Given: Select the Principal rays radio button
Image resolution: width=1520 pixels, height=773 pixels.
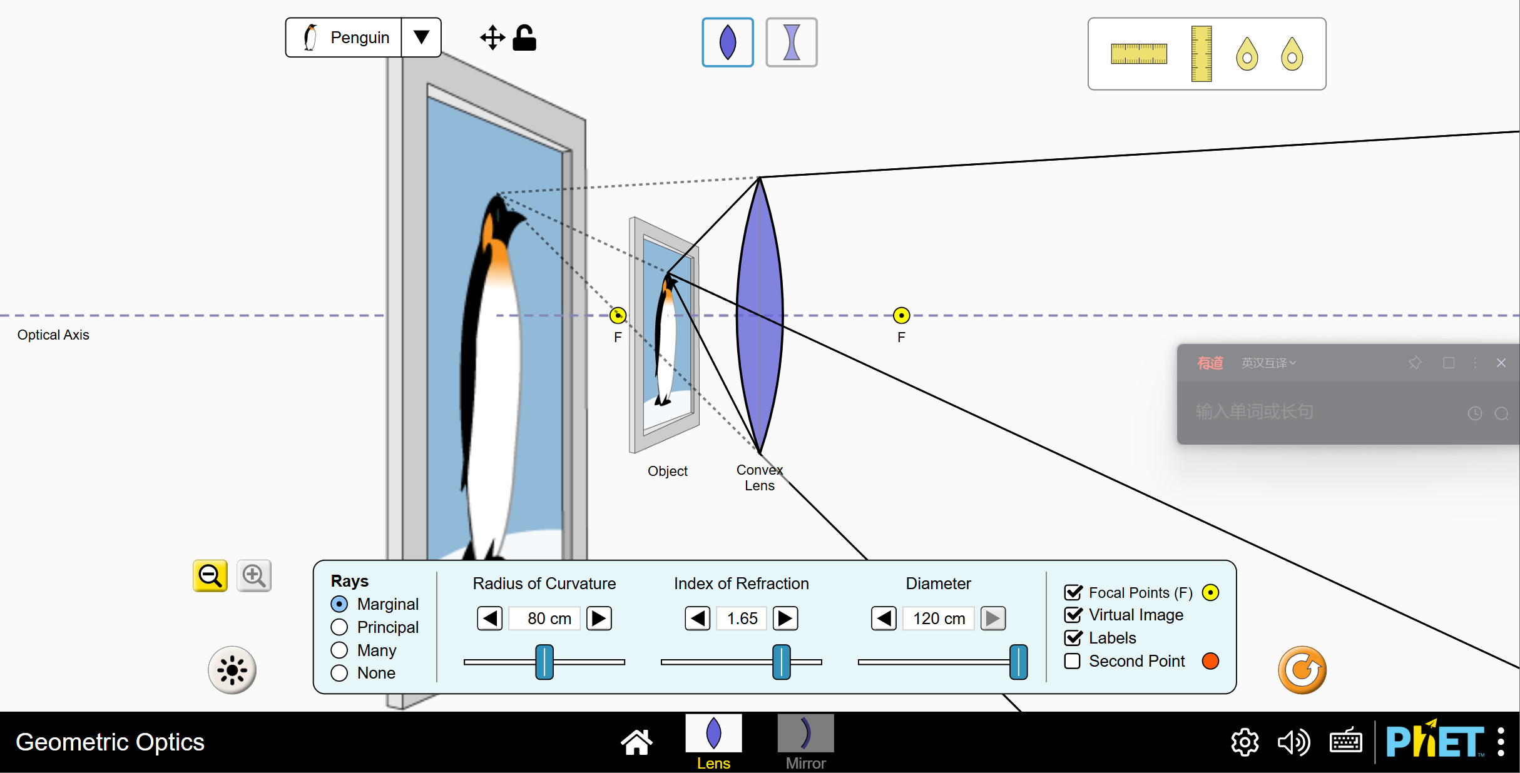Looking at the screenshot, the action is pyautogui.click(x=339, y=627).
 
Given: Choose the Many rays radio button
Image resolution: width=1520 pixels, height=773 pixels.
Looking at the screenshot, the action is pyautogui.click(x=339, y=650).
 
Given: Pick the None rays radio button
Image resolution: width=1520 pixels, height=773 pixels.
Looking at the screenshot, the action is pyautogui.click(x=339, y=673).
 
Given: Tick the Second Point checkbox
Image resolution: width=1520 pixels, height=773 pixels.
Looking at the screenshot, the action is pyautogui.click(x=1073, y=661).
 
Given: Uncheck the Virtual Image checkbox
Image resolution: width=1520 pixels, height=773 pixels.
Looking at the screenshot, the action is pyautogui.click(x=1073, y=615).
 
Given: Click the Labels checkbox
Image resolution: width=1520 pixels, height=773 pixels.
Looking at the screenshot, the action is pyautogui.click(x=1073, y=638).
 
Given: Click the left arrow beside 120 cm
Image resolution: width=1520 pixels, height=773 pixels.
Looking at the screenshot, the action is pyautogui.click(x=884, y=619).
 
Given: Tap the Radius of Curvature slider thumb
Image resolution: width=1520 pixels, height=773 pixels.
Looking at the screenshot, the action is pyautogui.click(x=544, y=662).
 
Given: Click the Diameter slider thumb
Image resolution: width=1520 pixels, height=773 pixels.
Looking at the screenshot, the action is pyautogui.click(x=1018, y=662).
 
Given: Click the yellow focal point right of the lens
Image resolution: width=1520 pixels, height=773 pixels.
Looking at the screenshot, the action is pyautogui.click(x=901, y=315).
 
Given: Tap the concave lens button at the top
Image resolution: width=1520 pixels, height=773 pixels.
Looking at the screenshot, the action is pyautogui.click(x=792, y=43).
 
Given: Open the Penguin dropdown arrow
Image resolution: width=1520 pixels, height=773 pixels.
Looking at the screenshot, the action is pyautogui.click(x=421, y=38).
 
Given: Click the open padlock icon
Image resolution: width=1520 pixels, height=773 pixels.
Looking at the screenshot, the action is pyautogui.click(x=524, y=38).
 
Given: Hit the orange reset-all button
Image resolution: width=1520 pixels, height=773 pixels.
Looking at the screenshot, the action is pyautogui.click(x=1302, y=670).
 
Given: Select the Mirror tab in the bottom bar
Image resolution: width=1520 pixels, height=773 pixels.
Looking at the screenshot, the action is pyautogui.click(x=805, y=742).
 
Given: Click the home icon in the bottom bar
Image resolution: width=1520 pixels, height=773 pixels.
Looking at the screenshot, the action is pyautogui.click(x=636, y=742).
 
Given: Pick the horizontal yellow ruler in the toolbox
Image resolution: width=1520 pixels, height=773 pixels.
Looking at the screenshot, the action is pyautogui.click(x=1138, y=54).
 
